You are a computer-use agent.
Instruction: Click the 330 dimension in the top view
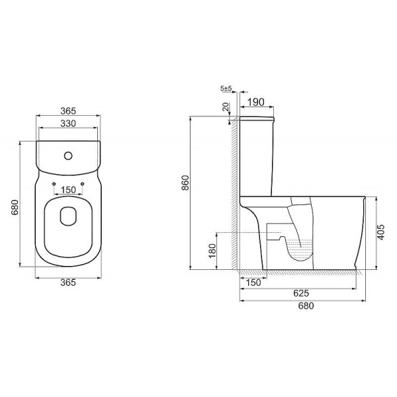[x=69, y=123]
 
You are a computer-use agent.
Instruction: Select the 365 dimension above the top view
[x=69, y=110]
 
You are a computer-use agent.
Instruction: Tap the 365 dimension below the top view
[x=69, y=283]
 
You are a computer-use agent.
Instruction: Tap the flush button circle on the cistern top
[x=67, y=157]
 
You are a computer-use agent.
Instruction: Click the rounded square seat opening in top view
[x=68, y=216]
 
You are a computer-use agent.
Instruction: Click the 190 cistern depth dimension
[x=257, y=103]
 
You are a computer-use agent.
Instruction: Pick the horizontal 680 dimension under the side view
[x=305, y=306]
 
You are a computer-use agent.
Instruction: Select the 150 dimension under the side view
[x=252, y=283]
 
